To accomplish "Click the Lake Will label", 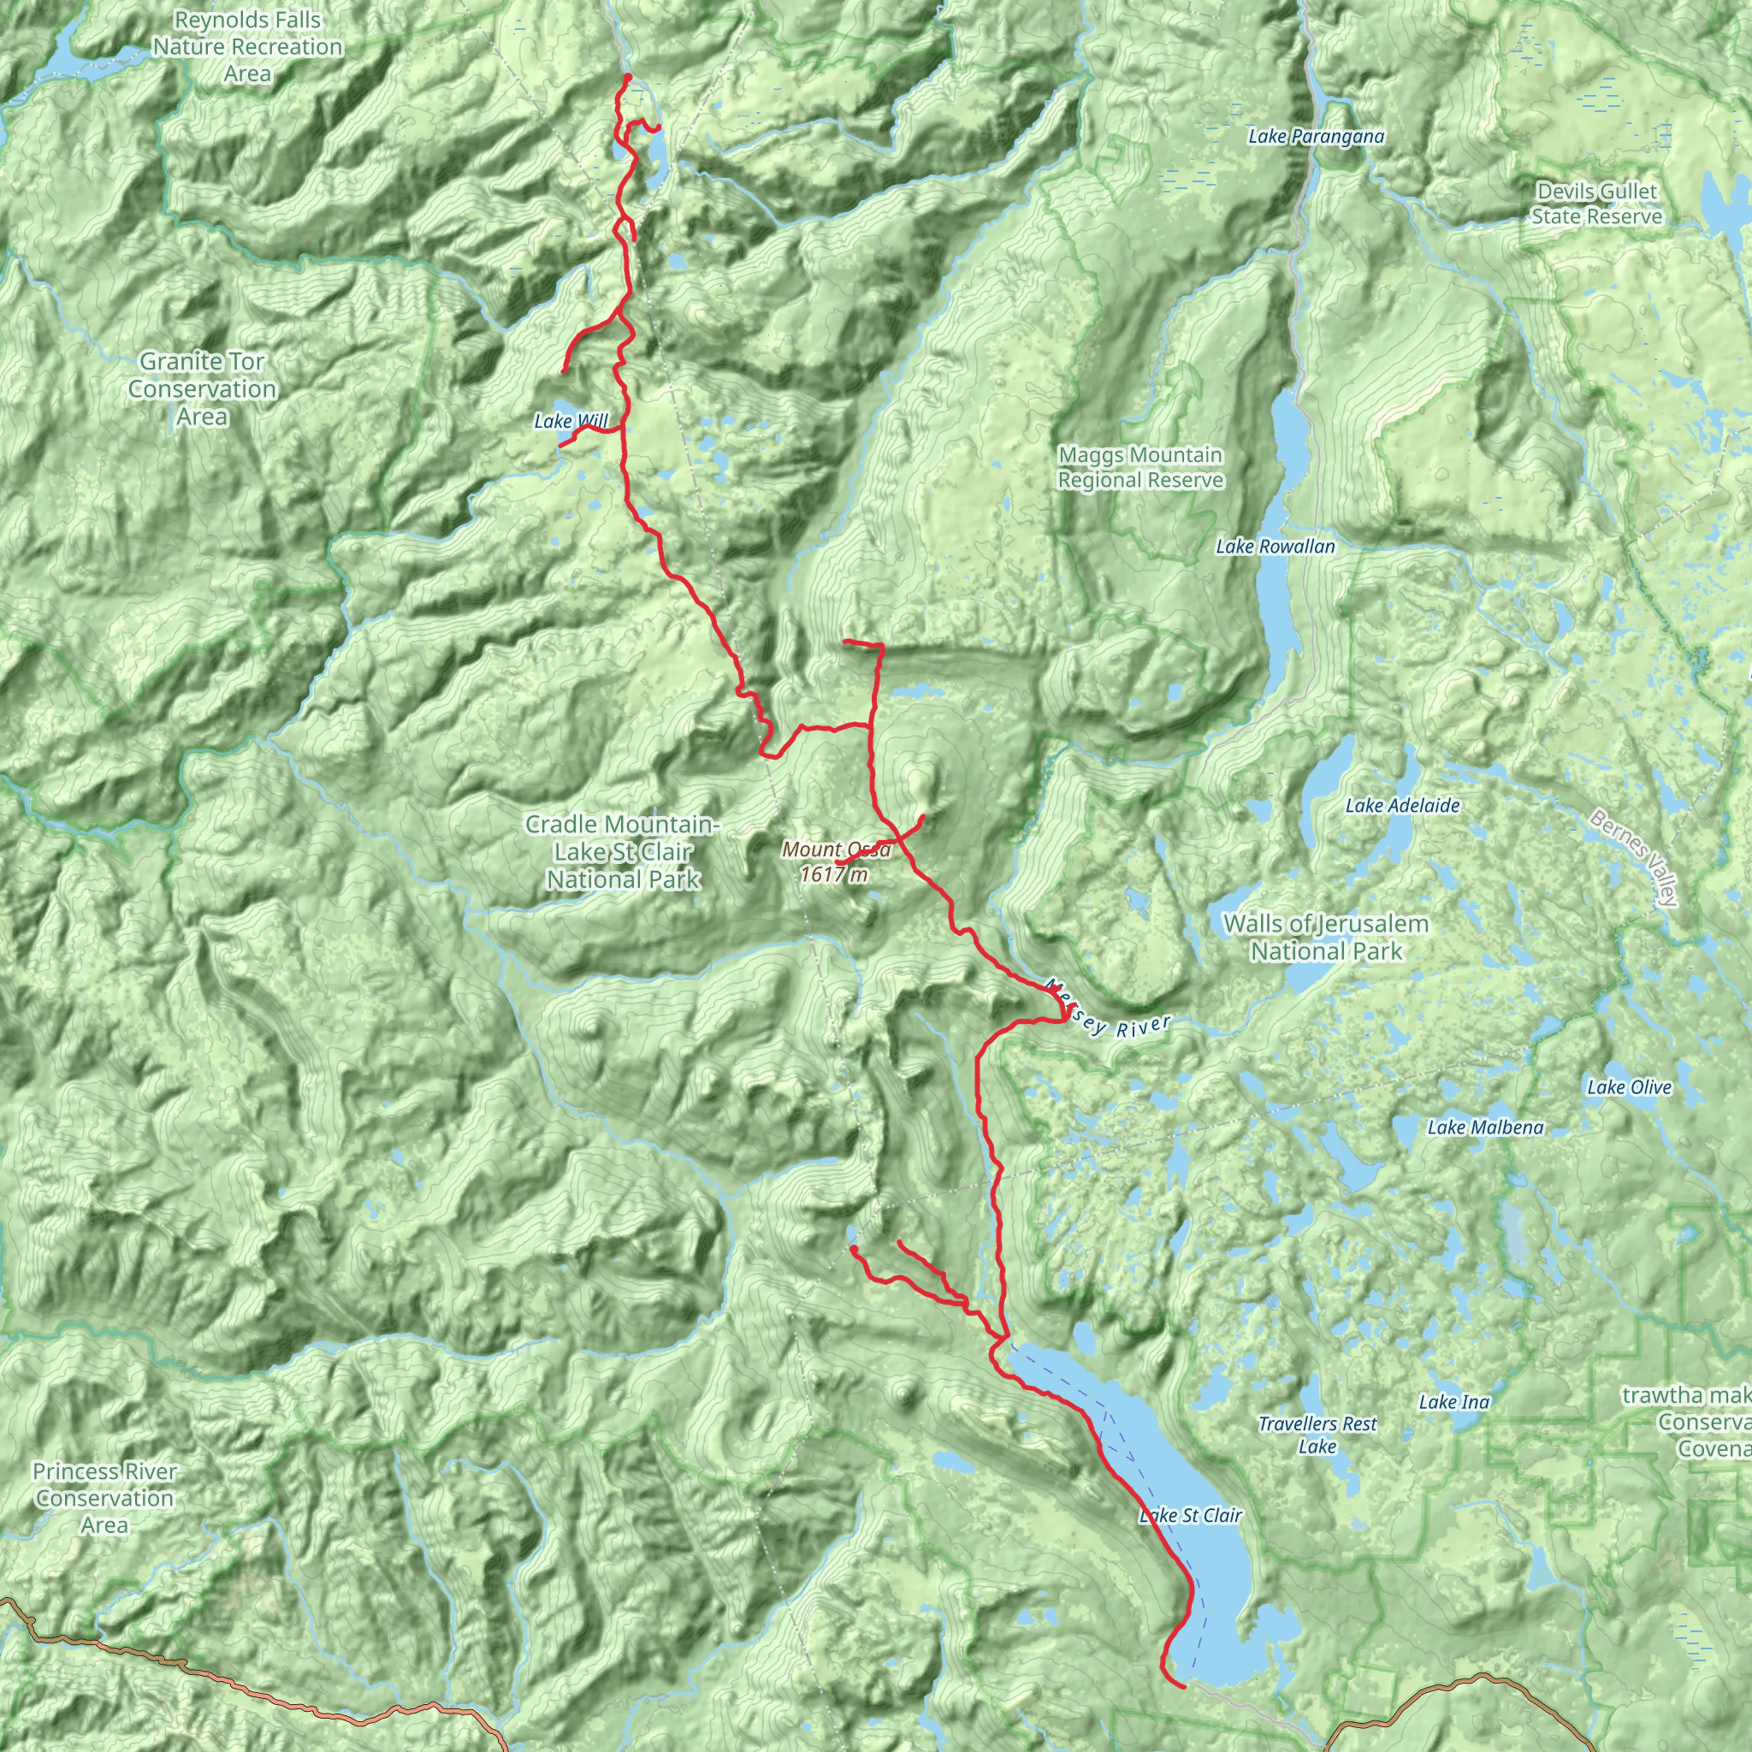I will pos(571,421).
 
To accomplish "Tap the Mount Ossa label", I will pos(836,849).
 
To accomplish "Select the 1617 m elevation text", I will pos(834,875).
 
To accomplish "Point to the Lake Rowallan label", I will pos(1275,547).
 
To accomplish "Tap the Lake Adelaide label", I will pos(1402,805).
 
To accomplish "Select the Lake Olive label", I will pos(1629,1087).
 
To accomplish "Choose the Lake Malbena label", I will pos(1484,1128).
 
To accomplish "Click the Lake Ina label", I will pos(1453,1402).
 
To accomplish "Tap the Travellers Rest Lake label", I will pos(1317,1435).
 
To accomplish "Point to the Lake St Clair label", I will pos(1190,1515).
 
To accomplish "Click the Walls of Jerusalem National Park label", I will pos(1326,938).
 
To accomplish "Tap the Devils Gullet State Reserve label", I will pos(1597,204).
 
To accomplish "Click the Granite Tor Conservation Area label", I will pos(202,389).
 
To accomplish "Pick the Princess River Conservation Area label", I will pos(104,1498).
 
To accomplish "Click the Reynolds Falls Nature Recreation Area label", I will pos(247,46).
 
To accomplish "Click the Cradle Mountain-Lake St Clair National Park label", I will pos(623,851).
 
